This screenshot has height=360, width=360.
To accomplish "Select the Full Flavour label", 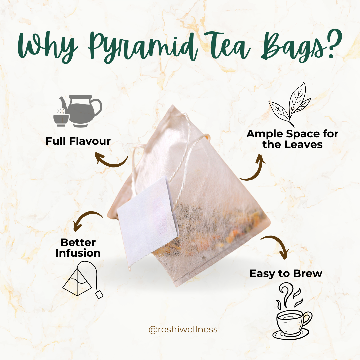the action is point(78,141).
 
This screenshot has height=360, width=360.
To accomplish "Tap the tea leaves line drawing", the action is point(290,104).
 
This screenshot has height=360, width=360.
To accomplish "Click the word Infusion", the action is point(78,253).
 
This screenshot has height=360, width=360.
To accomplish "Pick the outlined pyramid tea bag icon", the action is point(83,279).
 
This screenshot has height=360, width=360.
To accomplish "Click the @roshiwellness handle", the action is point(183,330).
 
